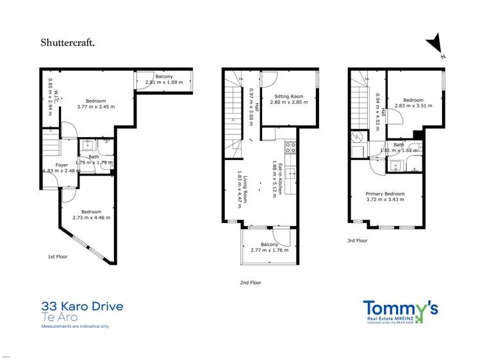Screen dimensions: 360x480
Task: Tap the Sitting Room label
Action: pyautogui.click(x=286, y=97)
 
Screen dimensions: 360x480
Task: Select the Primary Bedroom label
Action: pyautogui.click(x=385, y=194)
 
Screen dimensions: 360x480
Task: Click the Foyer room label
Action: pyautogui.click(x=62, y=165)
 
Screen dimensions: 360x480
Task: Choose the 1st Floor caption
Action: pyautogui.click(x=58, y=256)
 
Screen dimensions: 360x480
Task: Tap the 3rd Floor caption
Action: pyautogui.click(x=358, y=241)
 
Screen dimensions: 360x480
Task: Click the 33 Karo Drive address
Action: pyautogui.click(x=82, y=307)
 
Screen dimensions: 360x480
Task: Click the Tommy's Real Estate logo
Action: pyautogui.click(x=401, y=311)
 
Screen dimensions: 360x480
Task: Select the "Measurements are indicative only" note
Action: pyautogui.click(x=75, y=327)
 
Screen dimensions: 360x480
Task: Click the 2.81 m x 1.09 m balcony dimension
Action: pyautogui.click(x=163, y=83)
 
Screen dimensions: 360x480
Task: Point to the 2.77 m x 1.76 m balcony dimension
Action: pyautogui.click(x=269, y=250)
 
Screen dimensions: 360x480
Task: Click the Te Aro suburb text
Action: pyautogui.click(x=55, y=317)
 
